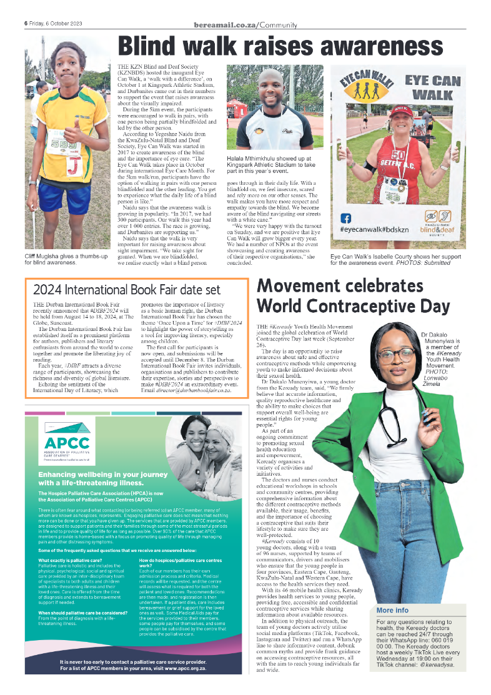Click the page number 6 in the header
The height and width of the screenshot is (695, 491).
(x=26, y=23)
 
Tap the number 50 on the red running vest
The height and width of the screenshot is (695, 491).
(x=398, y=155)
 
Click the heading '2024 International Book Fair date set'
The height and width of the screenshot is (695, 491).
(x=126, y=290)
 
